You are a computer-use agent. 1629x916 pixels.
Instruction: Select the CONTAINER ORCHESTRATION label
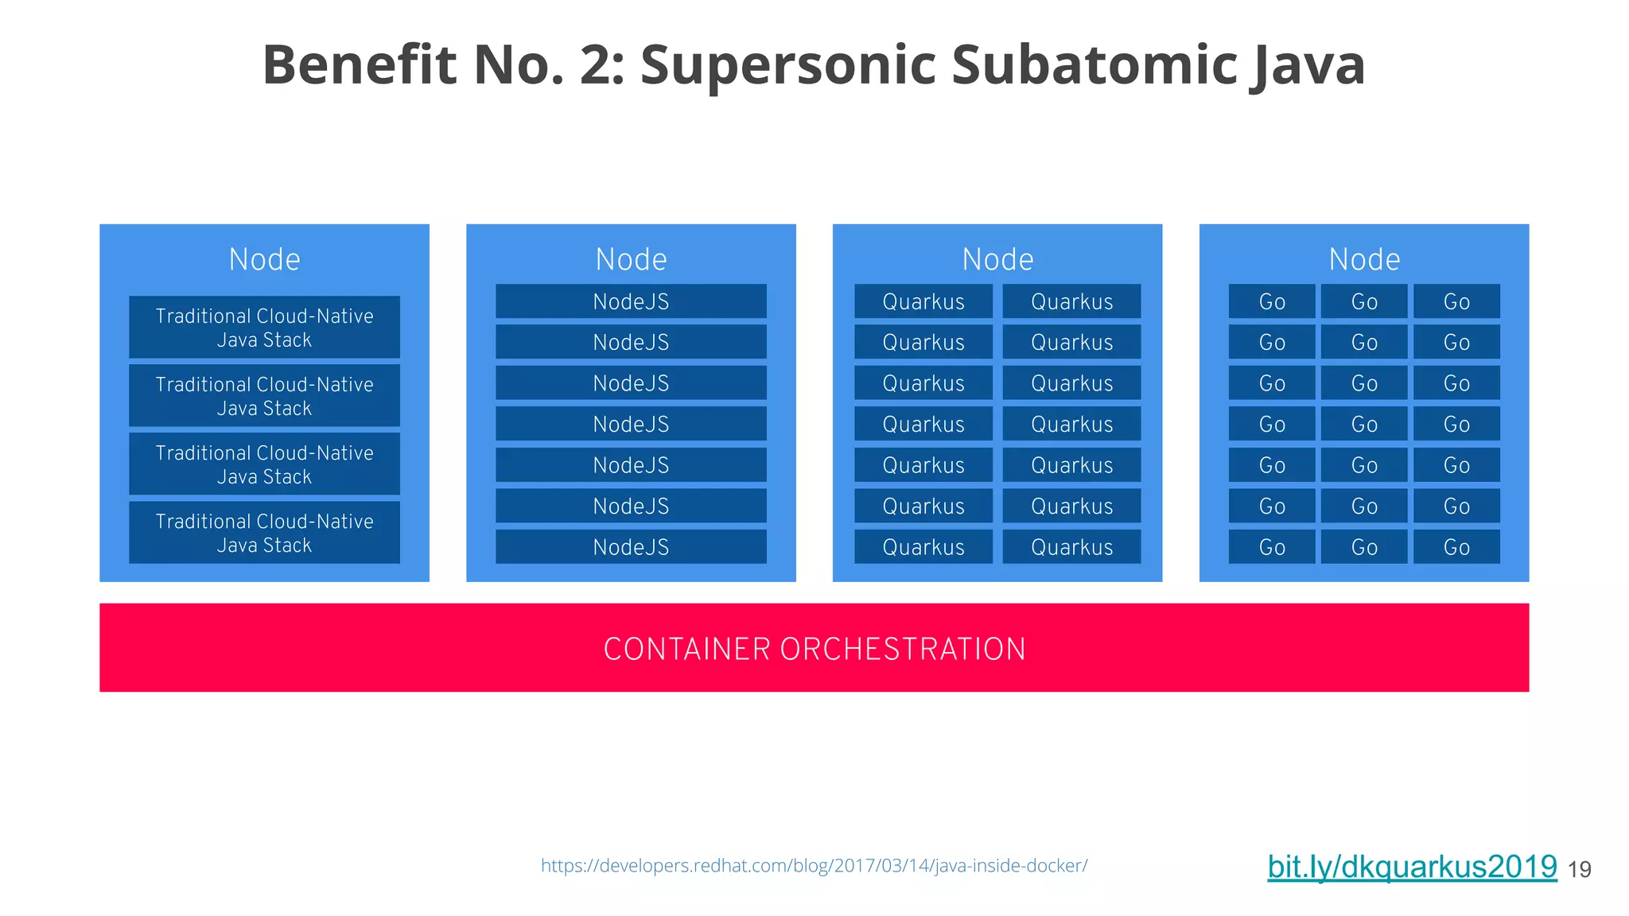pyautogui.click(x=814, y=649)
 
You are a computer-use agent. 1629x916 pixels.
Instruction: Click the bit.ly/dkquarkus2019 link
pyautogui.click(x=1412, y=867)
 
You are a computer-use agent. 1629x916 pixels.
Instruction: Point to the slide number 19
pyautogui.click(x=1579, y=870)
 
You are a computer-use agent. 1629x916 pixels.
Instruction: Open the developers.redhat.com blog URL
pyautogui.click(x=814, y=865)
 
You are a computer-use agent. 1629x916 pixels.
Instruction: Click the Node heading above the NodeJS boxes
pyautogui.click(x=631, y=259)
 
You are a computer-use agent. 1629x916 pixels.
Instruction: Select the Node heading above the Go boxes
pyautogui.click(x=1364, y=259)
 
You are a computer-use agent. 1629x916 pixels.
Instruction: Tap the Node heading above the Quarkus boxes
pyautogui.click(x=997, y=259)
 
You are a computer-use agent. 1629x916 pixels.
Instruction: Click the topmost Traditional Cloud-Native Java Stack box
pyautogui.click(x=264, y=328)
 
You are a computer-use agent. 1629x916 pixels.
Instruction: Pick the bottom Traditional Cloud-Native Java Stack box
pyautogui.click(x=264, y=533)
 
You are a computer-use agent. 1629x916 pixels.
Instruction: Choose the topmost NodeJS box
pyautogui.click(x=631, y=301)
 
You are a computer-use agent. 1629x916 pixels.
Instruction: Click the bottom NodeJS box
pyautogui.click(x=631, y=547)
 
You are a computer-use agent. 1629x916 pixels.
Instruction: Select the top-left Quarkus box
pyautogui.click(x=923, y=301)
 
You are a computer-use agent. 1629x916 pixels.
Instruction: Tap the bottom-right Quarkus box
pyautogui.click(x=1071, y=547)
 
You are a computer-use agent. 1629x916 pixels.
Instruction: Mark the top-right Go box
pyautogui.click(x=1456, y=301)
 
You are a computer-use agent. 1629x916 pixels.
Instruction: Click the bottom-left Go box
pyautogui.click(x=1272, y=547)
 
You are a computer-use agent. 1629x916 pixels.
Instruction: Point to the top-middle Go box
pyautogui.click(x=1364, y=301)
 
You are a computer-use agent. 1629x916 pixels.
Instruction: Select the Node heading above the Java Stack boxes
pyautogui.click(x=264, y=259)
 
